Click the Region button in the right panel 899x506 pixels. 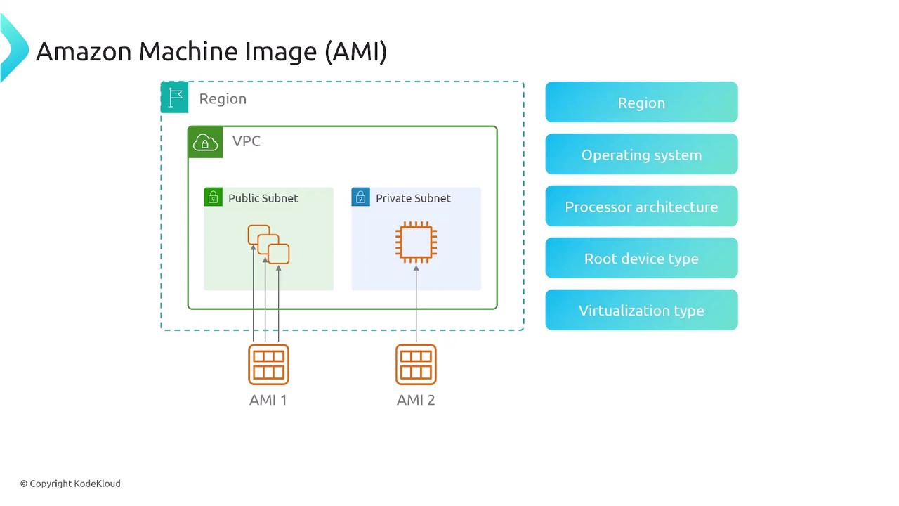[641, 103]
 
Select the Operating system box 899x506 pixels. [641, 155]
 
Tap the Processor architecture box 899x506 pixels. [641, 207]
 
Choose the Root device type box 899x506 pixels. [641, 259]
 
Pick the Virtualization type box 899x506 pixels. [641, 311]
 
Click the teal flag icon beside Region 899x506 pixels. [175, 98]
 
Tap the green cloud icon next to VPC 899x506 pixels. [205, 142]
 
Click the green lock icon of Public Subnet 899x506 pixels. [213, 197]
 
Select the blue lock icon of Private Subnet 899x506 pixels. [360, 197]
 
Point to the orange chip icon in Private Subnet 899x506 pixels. [416, 242]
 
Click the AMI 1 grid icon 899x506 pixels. [268, 364]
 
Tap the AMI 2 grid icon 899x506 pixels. [416, 364]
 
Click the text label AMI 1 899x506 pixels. [268, 400]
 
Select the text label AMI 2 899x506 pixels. [416, 400]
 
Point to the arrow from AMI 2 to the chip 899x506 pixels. [416, 302]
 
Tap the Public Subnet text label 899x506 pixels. [263, 198]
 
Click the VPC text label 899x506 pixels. [247, 141]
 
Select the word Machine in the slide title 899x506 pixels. [179, 51]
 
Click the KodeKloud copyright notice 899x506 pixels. [70, 484]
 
